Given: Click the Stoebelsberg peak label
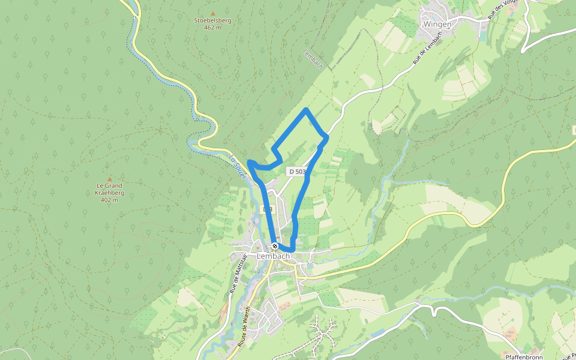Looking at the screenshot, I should (x=212, y=20).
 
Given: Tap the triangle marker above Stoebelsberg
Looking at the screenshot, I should (x=212, y=13).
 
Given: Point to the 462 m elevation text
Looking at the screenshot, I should (x=212, y=28).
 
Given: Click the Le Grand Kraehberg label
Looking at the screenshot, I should (x=109, y=190).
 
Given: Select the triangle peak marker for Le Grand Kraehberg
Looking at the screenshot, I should (x=109, y=179).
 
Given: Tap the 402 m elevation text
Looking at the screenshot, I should (x=109, y=200).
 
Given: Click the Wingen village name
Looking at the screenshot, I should (x=437, y=24).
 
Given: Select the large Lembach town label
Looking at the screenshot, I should (x=273, y=256).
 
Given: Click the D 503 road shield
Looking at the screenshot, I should (x=296, y=172).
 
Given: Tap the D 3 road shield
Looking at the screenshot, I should (x=268, y=209).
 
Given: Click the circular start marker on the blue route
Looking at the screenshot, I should (x=275, y=246).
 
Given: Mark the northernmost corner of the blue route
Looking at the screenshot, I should (x=307, y=109).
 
